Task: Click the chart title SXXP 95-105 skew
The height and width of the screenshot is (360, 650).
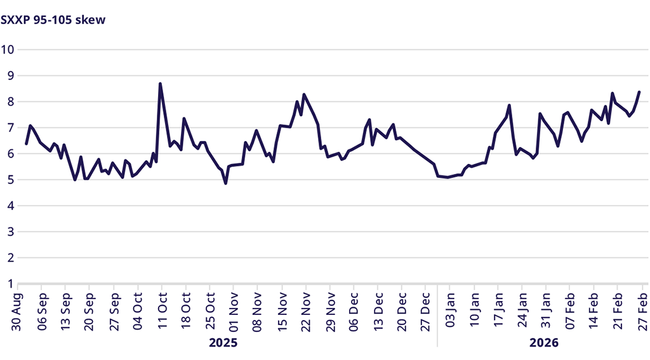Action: click(53, 20)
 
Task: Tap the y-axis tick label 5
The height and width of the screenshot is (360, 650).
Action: click(11, 180)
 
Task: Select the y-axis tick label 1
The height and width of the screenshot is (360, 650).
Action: click(11, 283)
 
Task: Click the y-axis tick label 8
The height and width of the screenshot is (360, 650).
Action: click(11, 102)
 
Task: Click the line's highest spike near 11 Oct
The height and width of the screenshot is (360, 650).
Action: click(160, 84)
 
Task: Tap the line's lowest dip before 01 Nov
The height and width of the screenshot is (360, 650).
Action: click(226, 183)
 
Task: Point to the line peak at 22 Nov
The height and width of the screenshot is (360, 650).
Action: click(304, 95)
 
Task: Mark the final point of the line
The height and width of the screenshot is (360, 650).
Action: click(639, 92)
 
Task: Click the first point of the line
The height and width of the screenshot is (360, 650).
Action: click(26, 144)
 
